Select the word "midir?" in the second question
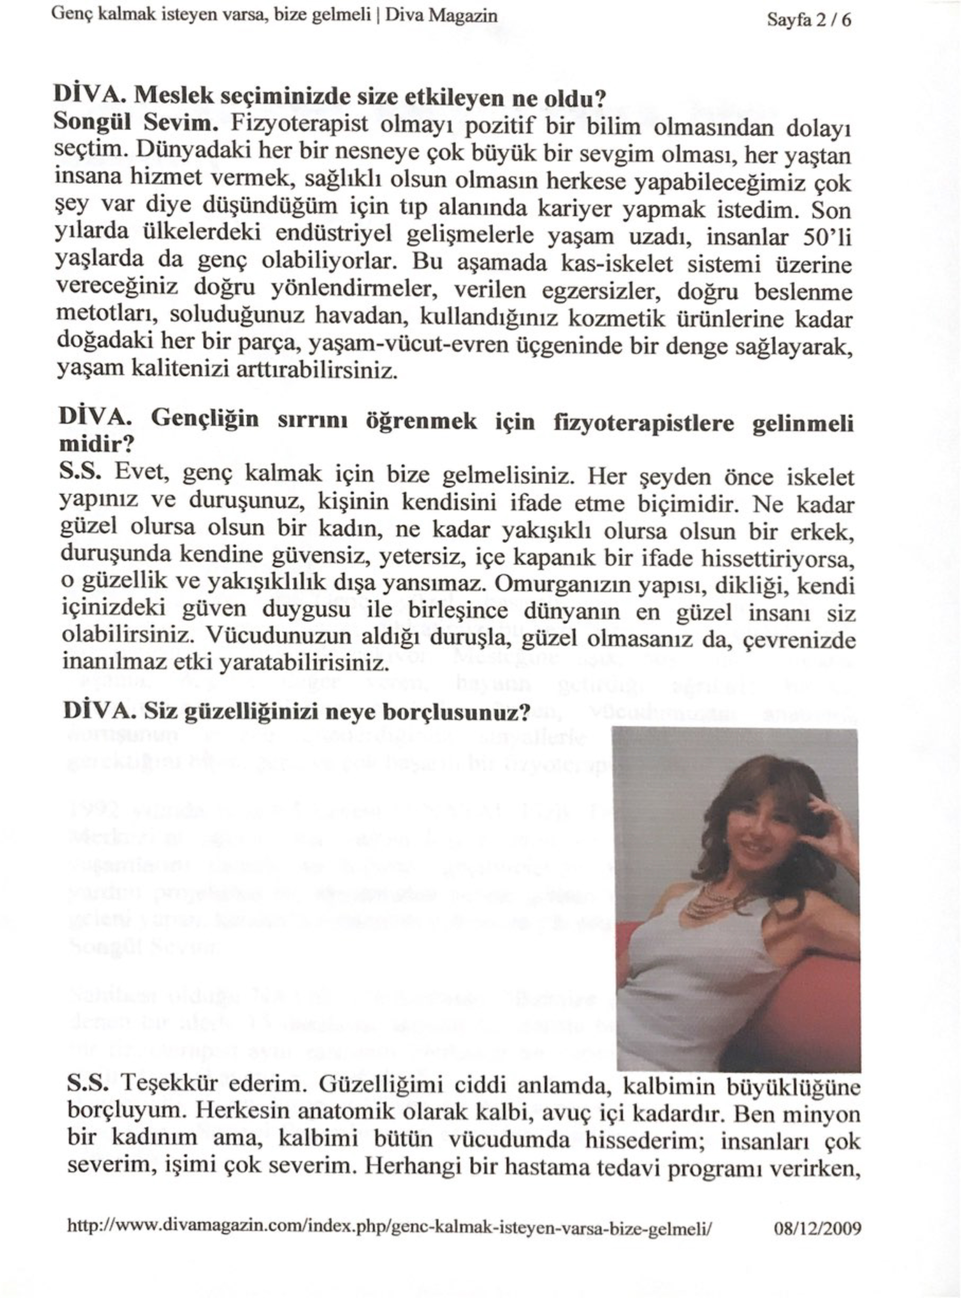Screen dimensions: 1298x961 pyautogui.click(x=97, y=445)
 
